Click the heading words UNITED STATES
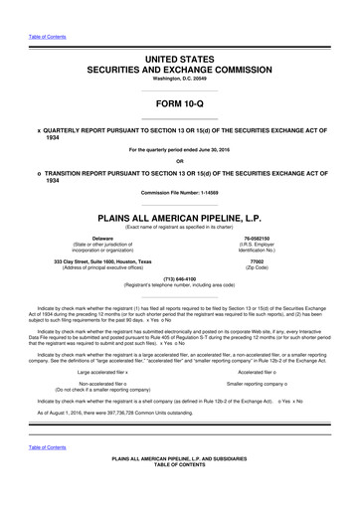click(179, 61)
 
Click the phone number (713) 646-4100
click(180, 280)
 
